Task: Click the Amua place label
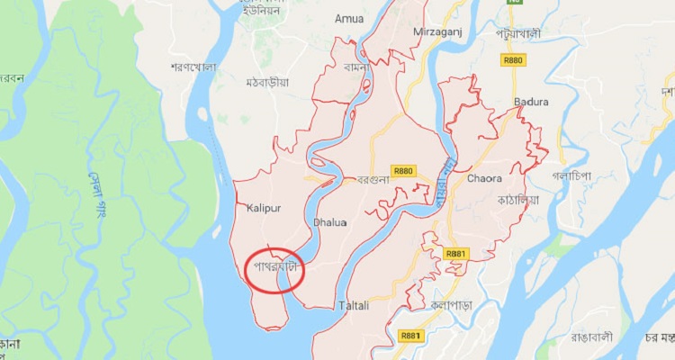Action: tap(348, 18)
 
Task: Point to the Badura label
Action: tap(531, 102)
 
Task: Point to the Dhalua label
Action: tap(328, 220)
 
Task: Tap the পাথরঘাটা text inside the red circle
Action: tap(274, 266)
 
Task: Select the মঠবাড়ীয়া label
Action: tap(267, 82)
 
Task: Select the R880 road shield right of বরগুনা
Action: tap(402, 170)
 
